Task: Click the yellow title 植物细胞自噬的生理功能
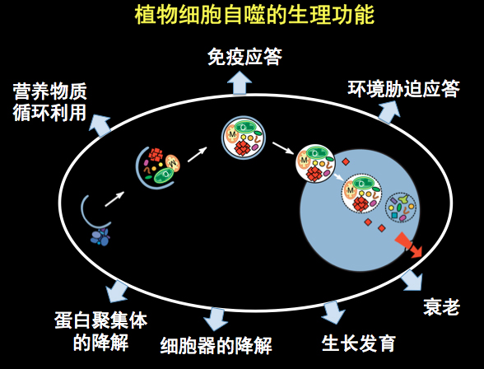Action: [x=254, y=14]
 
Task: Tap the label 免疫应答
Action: [x=244, y=57]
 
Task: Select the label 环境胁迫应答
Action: [x=403, y=89]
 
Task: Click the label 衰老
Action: [x=441, y=306]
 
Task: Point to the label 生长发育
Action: [x=359, y=343]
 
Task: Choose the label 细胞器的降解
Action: [x=216, y=345]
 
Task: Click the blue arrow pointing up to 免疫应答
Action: [x=240, y=82]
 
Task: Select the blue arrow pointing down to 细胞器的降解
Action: [x=216, y=318]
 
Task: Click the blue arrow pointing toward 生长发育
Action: [x=333, y=312]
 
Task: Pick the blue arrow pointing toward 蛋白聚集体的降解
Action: [x=117, y=291]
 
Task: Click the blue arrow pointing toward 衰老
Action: [x=412, y=280]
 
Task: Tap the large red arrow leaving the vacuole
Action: [x=408, y=245]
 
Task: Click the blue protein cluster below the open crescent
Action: [x=100, y=237]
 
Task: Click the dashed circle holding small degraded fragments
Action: [x=400, y=208]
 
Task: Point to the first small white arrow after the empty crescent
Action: [x=114, y=199]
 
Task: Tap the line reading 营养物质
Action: [x=49, y=91]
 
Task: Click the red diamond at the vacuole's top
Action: [x=346, y=161]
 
